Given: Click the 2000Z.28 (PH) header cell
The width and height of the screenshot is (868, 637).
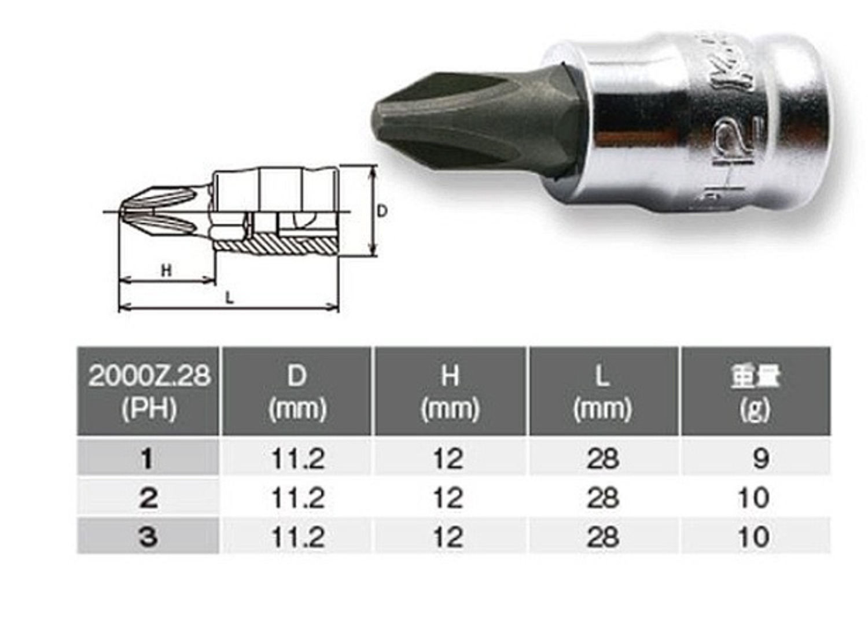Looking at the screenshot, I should (x=149, y=392).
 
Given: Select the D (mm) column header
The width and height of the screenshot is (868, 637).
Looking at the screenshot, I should (x=297, y=392).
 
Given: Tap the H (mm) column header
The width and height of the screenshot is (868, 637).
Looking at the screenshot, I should (x=450, y=392).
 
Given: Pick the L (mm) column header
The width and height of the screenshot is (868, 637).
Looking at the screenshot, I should (x=602, y=392).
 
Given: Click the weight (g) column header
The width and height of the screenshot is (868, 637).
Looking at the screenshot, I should (x=755, y=392).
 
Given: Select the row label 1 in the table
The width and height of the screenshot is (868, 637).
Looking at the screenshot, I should (x=148, y=459).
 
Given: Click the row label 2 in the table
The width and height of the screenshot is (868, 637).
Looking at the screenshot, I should (x=148, y=498).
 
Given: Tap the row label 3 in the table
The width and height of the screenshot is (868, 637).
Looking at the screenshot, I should (x=148, y=537).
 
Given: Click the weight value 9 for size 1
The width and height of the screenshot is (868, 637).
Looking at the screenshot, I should (x=760, y=459).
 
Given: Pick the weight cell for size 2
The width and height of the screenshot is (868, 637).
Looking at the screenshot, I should (x=753, y=498).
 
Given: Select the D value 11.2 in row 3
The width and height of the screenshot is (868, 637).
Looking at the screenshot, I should (x=297, y=537).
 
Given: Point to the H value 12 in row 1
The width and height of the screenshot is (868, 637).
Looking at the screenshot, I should (x=448, y=459).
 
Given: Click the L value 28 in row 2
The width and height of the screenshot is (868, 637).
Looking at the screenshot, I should (x=602, y=498).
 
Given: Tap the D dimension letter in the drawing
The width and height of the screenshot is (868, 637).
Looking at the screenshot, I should (x=382, y=211).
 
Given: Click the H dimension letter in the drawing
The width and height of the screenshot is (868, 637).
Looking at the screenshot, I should (x=166, y=270).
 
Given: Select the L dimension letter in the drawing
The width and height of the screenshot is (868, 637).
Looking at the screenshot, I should (x=230, y=297).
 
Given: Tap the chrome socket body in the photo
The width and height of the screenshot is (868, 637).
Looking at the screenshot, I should (x=683, y=127).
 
